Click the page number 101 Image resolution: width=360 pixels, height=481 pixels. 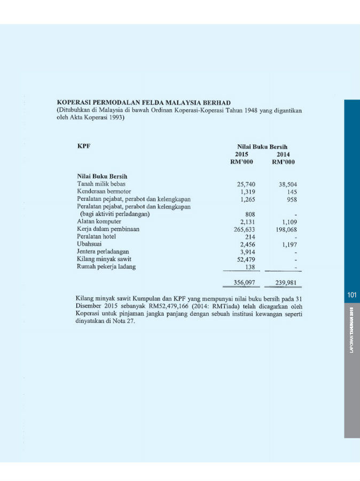351,295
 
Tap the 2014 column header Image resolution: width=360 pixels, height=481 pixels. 283,154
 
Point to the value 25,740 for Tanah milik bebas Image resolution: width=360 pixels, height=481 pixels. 246,184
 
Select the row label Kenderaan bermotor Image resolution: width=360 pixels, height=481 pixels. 104,191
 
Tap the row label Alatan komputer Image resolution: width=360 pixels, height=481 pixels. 99,221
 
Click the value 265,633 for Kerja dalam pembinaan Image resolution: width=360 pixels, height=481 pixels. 244,229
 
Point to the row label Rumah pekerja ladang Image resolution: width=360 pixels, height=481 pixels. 106,266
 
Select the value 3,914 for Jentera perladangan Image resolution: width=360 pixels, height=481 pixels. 248,251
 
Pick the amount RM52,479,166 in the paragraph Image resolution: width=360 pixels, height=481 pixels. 176,306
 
